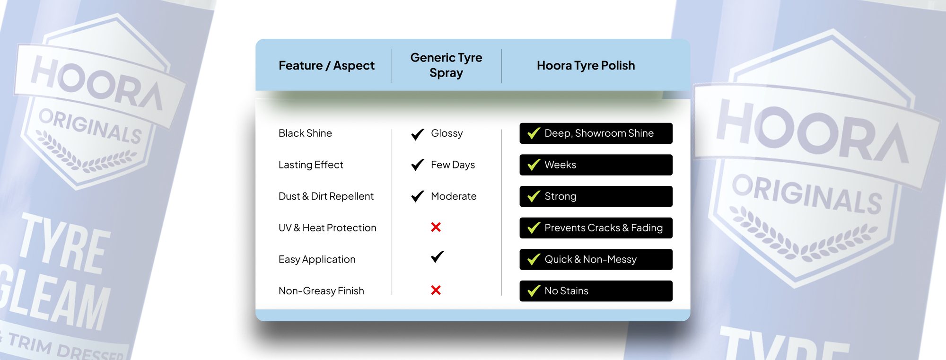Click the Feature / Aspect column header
[x=326, y=65]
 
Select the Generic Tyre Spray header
[x=446, y=65]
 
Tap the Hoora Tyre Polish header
[x=586, y=65]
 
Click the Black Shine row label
[x=305, y=133]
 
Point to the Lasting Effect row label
[x=311, y=165]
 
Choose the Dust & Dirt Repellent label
[x=326, y=196]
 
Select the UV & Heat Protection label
[x=327, y=228]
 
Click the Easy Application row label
[x=317, y=260]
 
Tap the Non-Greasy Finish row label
[x=321, y=291]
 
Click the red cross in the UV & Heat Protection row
[x=436, y=228]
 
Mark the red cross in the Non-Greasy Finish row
[x=436, y=290]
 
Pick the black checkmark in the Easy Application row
[x=438, y=256]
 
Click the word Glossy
[x=447, y=133]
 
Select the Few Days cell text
[x=453, y=165]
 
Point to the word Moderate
[x=454, y=196]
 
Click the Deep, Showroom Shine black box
[x=596, y=133]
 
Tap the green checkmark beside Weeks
[x=534, y=165]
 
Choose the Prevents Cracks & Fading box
[x=596, y=228]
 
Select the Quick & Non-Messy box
[x=596, y=260]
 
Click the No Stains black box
[x=596, y=291]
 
